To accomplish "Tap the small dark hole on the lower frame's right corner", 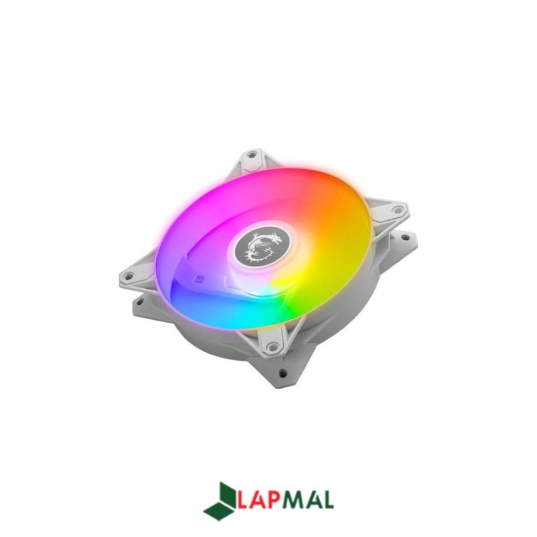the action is coord(407,236).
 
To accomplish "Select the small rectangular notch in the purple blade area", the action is coord(198,279).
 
